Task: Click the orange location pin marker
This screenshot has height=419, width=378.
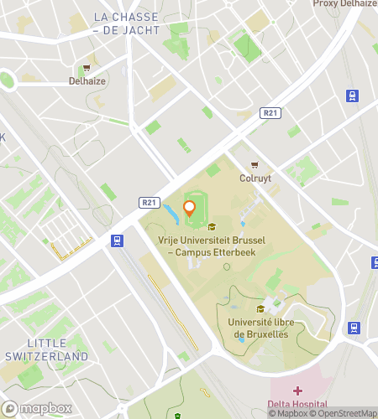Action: pyautogui.click(x=190, y=208)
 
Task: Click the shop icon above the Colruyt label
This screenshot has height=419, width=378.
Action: pyautogui.click(x=254, y=165)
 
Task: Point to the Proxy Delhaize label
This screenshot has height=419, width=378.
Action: pyautogui.click(x=344, y=4)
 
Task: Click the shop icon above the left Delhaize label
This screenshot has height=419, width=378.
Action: pyautogui.click(x=87, y=70)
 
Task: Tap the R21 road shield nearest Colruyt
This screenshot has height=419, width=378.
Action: pyautogui.click(x=269, y=112)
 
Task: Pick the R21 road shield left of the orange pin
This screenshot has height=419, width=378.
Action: pyautogui.click(x=148, y=202)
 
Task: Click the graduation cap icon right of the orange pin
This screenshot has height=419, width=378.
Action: pyautogui.click(x=212, y=226)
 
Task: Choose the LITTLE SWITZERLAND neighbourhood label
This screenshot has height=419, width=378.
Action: pyautogui.click(x=45, y=349)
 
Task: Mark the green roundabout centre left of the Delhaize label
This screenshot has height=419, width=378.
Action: pyautogui.click(x=7, y=80)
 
